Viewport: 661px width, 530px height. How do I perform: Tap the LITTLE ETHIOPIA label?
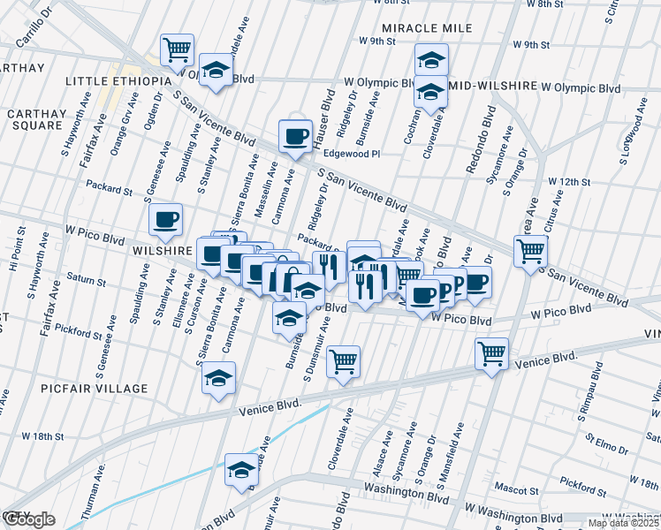[x=118, y=81]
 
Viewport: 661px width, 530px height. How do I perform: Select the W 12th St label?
[x=568, y=181]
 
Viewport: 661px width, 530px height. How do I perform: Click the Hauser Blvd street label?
[x=324, y=108]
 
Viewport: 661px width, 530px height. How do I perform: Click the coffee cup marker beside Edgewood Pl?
[x=295, y=136]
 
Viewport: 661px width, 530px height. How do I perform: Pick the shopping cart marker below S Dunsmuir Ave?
[x=343, y=360]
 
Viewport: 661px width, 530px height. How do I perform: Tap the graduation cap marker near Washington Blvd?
[x=240, y=468]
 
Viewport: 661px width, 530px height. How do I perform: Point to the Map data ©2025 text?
[x=621, y=523]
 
